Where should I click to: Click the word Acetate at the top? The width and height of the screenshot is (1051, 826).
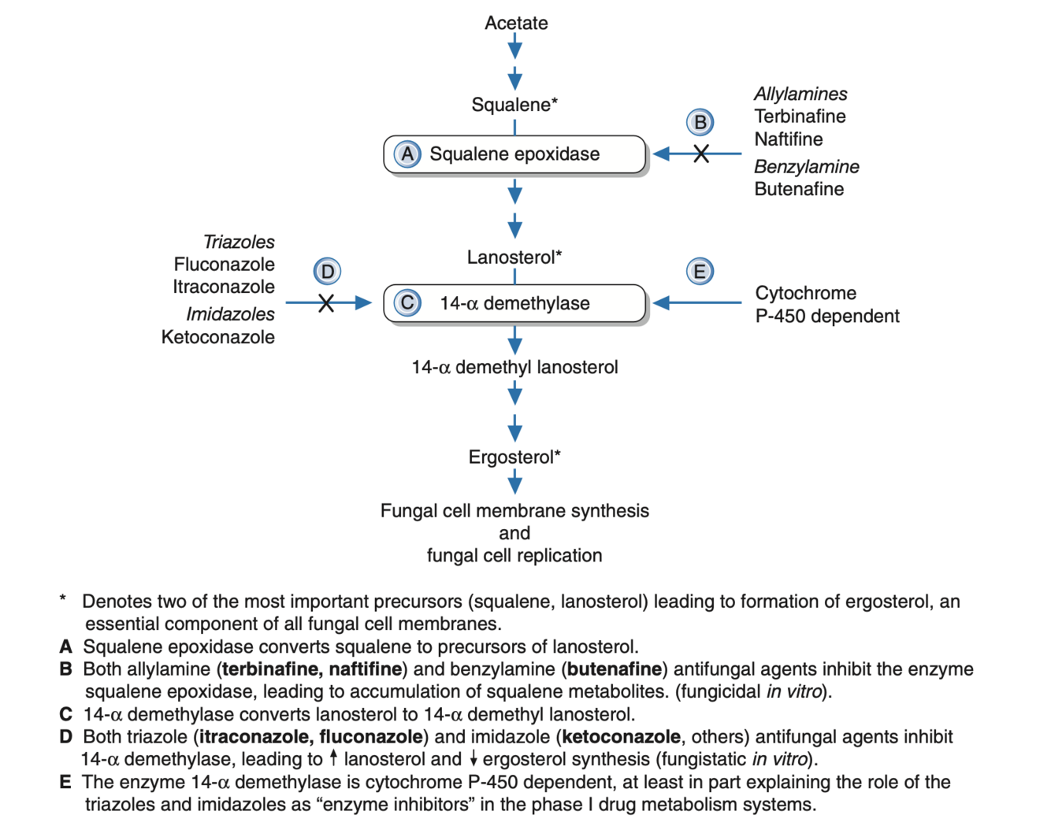click(516, 23)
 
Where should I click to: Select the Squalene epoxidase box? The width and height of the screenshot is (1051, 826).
click(514, 154)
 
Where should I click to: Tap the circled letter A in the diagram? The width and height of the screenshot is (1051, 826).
click(407, 154)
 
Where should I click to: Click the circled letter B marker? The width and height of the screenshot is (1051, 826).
click(700, 122)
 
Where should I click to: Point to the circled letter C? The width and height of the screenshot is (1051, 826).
click(407, 303)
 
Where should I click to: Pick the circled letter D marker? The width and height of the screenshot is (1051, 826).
click(327, 272)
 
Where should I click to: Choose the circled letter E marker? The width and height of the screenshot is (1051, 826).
click(700, 272)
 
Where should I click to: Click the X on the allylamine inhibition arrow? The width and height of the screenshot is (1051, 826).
click(701, 154)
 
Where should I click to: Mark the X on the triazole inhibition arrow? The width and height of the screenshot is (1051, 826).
click(326, 303)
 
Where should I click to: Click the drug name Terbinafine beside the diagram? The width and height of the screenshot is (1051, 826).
click(800, 117)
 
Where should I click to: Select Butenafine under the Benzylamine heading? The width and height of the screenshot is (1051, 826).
click(799, 189)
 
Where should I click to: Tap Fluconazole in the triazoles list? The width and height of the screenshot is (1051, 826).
click(225, 265)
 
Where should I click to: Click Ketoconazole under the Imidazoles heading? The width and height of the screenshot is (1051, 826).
click(218, 337)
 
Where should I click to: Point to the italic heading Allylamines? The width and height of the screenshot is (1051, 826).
click(800, 94)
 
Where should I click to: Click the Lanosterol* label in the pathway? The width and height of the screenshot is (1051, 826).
click(514, 257)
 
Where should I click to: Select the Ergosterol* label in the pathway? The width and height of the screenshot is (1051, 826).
click(514, 457)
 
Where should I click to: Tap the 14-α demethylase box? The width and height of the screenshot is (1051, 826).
click(514, 304)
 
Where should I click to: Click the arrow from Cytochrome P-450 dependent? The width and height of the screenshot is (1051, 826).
click(697, 303)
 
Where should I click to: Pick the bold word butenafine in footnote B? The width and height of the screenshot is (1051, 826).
click(615, 669)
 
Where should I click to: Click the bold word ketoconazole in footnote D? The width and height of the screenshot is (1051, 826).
click(621, 737)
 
